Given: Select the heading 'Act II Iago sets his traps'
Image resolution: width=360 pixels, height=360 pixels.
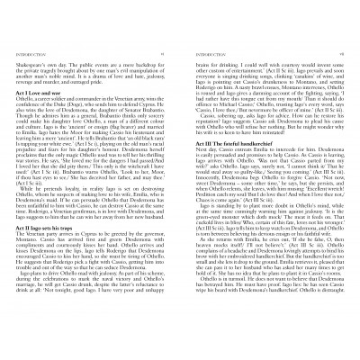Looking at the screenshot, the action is coord(57,226).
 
